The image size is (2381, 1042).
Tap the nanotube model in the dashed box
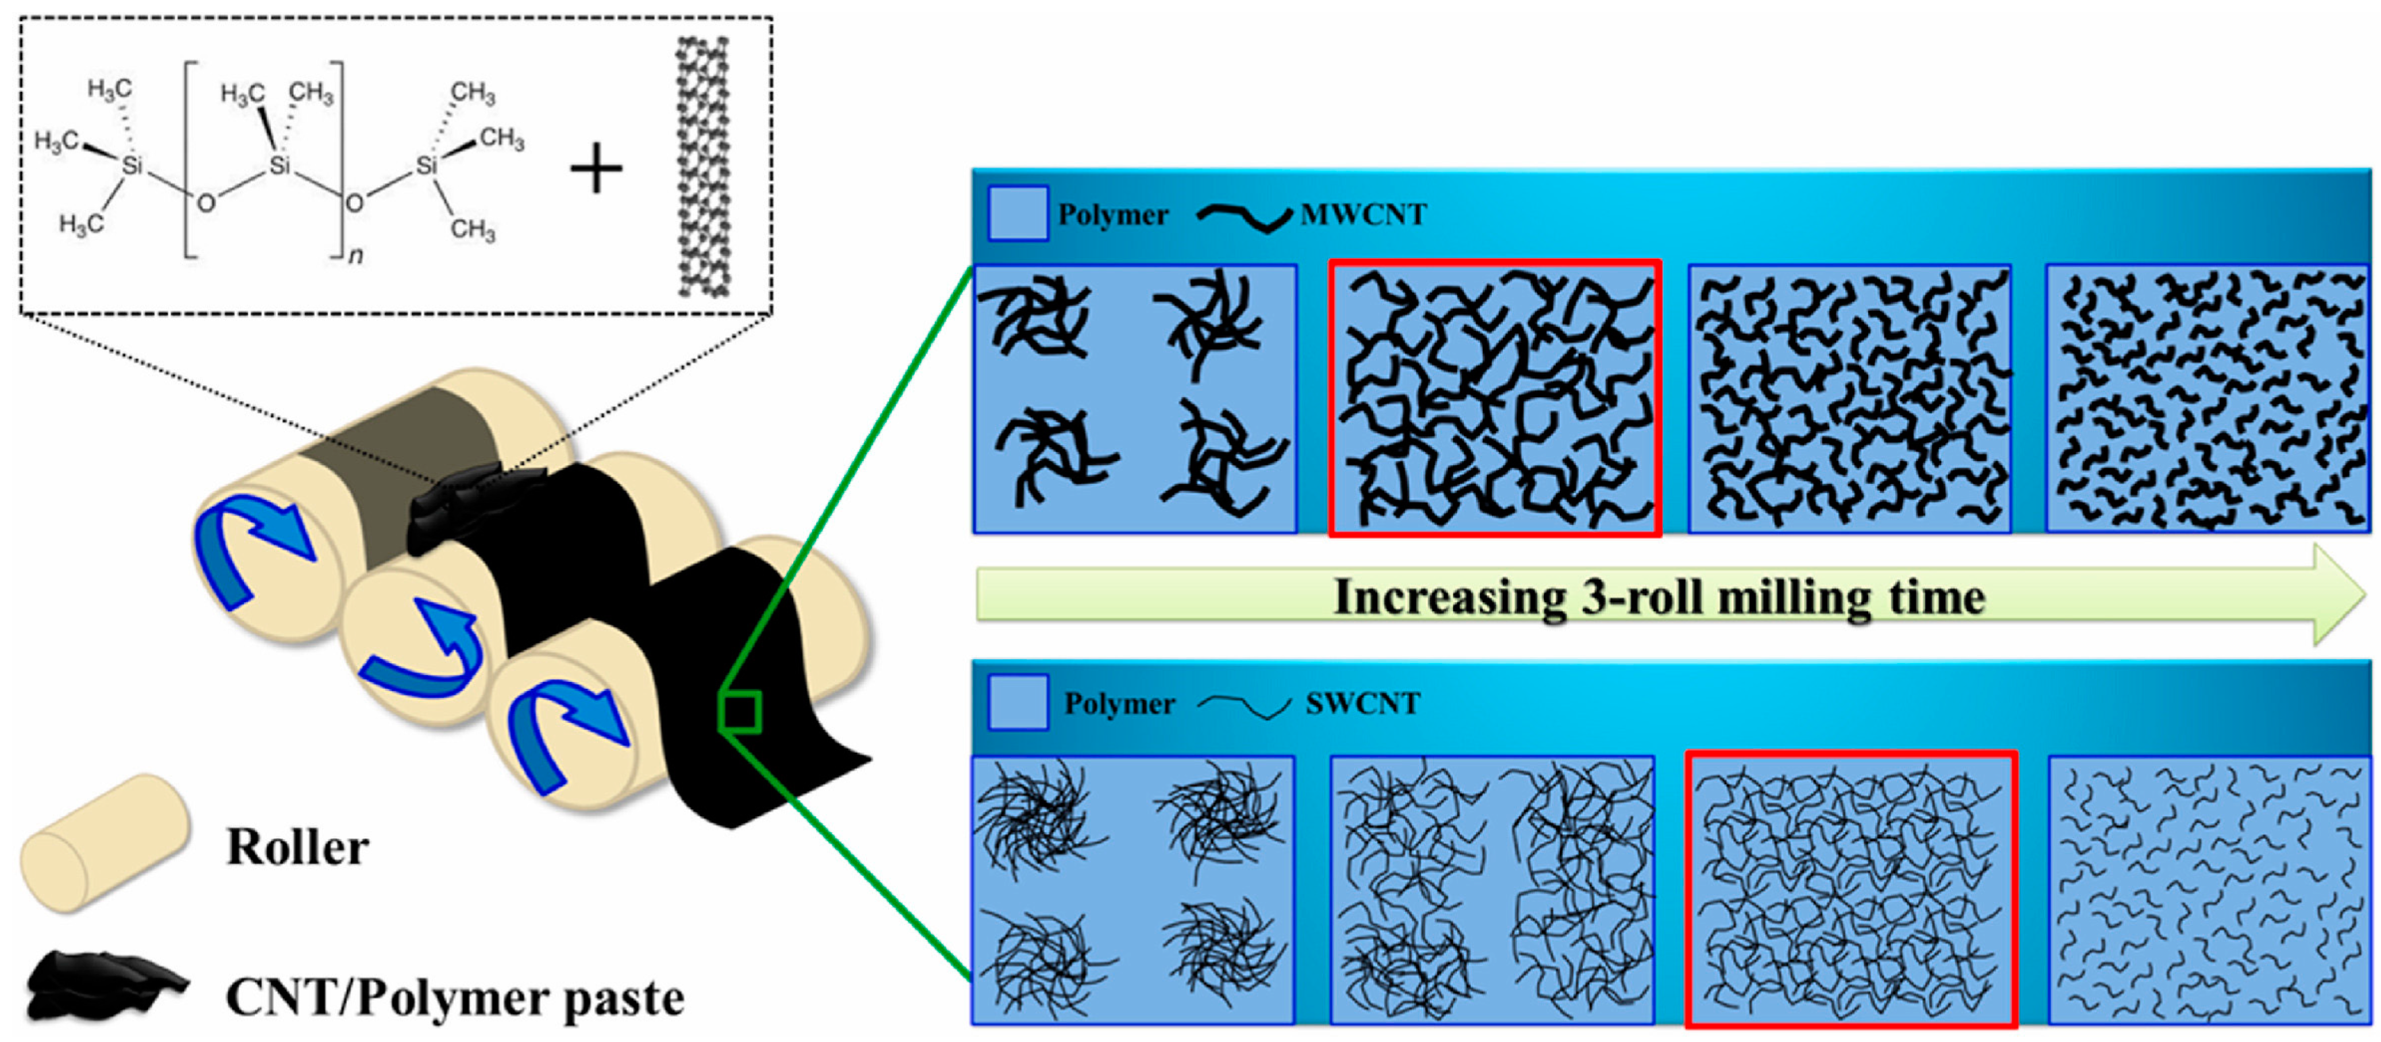[x=702, y=166]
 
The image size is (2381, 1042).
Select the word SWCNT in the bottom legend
[x=1362, y=704]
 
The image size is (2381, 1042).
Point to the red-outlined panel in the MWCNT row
[x=1495, y=398]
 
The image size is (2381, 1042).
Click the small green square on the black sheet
[x=740, y=712]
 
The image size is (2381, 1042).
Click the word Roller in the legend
[x=297, y=847]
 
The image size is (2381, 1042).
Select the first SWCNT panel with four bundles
[x=1132, y=889]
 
